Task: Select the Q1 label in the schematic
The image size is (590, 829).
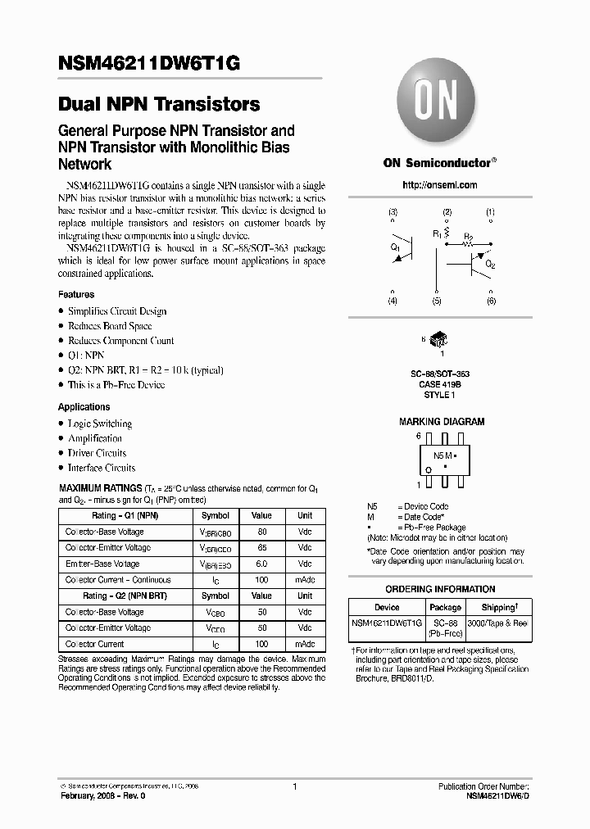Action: [x=395, y=246]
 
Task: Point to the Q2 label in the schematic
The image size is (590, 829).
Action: [x=490, y=265]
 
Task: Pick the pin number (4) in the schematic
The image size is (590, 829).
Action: [x=393, y=301]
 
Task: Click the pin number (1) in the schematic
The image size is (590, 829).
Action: [x=490, y=212]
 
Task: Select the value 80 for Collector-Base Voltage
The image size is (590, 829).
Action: [x=261, y=532]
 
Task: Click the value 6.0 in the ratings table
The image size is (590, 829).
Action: [x=261, y=564]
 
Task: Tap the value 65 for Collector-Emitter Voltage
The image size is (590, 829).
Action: [x=261, y=548]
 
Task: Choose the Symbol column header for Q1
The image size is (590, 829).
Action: [x=216, y=516]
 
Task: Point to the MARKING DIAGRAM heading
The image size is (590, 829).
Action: [x=441, y=422]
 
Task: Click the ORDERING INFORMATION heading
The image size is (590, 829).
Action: [x=441, y=590]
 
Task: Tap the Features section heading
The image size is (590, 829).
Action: [x=76, y=294]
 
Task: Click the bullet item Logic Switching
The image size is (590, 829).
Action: [x=99, y=424]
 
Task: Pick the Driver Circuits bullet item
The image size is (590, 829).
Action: [x=97, y=453]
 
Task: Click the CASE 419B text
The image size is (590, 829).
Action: [x=441, y=384]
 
